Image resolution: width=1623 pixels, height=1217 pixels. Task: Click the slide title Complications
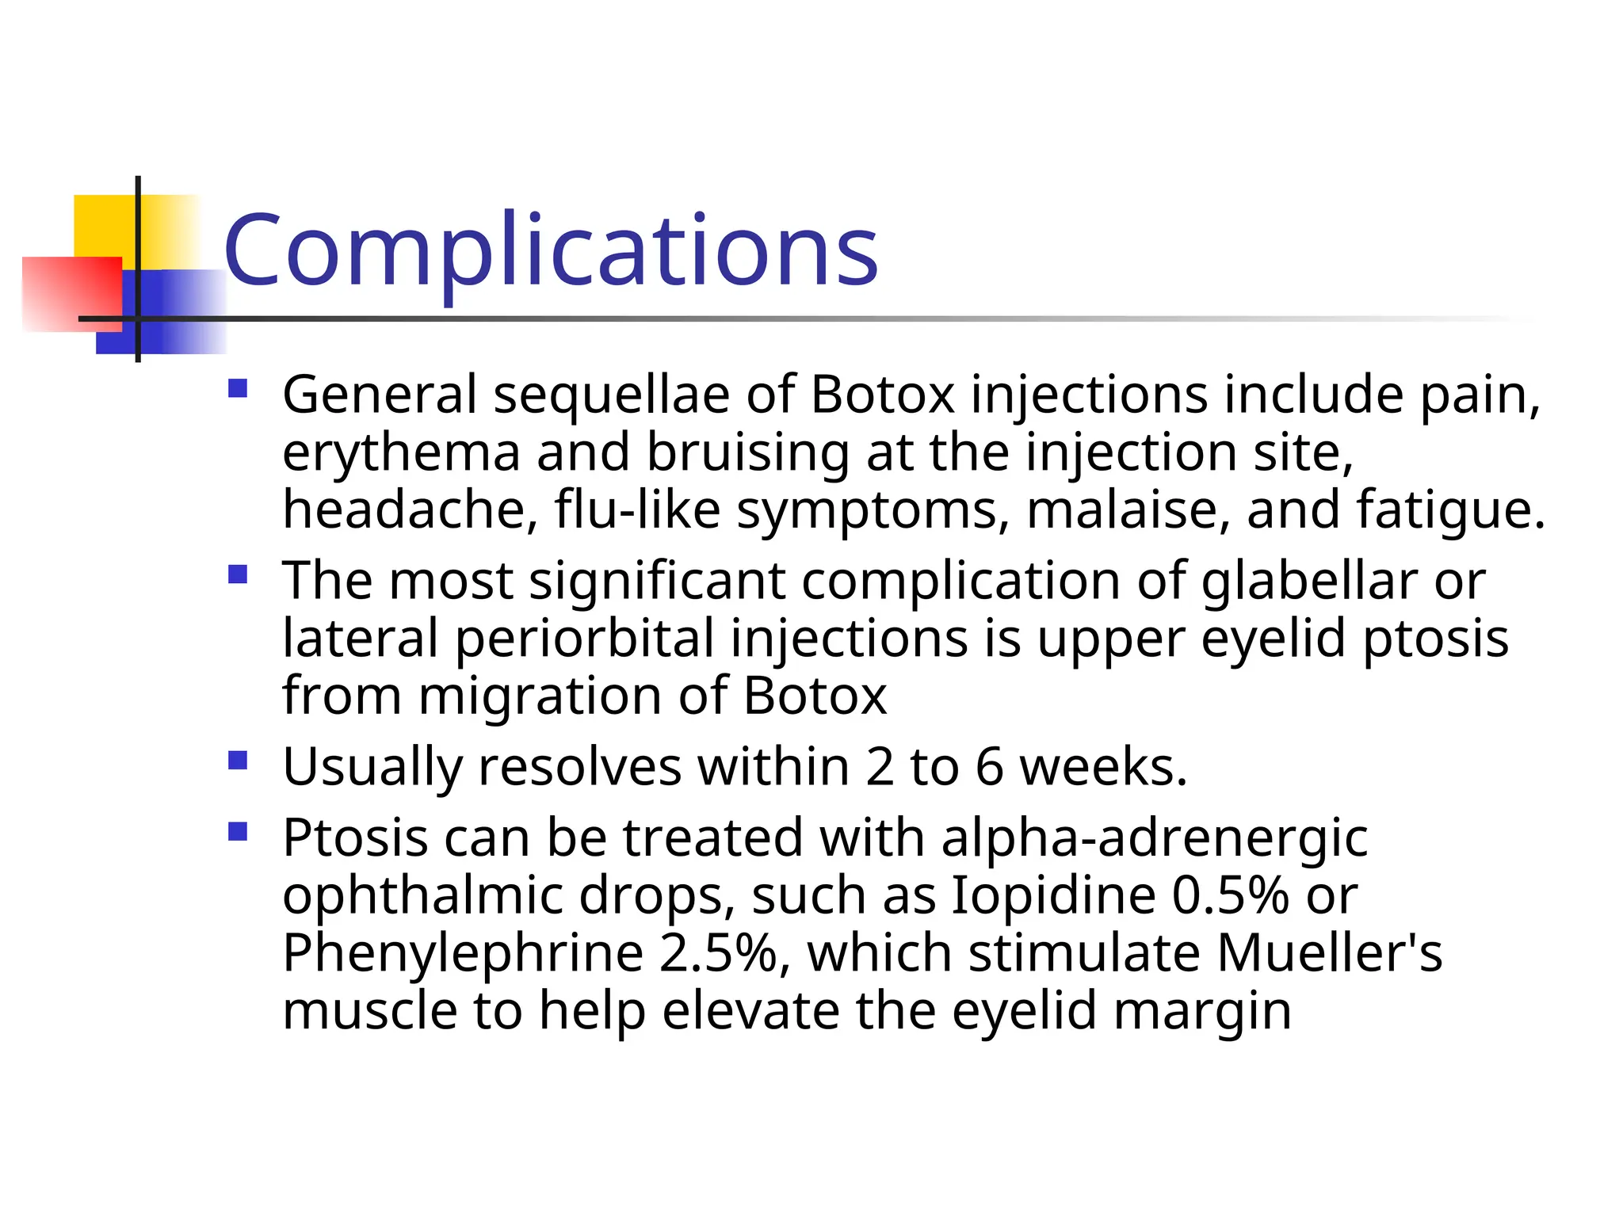point(551,251)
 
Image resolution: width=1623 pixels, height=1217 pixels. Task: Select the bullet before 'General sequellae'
point(238,389)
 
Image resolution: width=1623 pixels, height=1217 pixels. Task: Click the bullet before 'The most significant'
point(238,574)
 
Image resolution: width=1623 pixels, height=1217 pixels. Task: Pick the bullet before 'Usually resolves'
point(238,761)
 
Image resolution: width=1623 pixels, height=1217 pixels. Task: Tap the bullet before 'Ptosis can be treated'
point(238,831)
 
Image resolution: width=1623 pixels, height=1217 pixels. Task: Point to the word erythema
point(401,453)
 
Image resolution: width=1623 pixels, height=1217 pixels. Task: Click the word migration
point(540,697)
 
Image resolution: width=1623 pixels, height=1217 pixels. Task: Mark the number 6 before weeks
point(990,767)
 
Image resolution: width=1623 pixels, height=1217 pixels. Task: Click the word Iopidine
point(1053,896)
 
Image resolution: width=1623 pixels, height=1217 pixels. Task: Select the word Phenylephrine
point(463,954)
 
